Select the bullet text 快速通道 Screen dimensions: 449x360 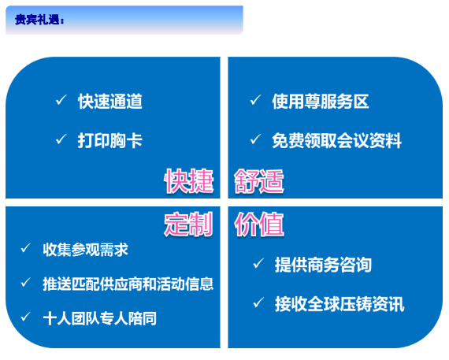tap(110, 101)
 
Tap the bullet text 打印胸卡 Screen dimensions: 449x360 tap(110, 140)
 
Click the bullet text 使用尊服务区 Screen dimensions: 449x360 tap(321, 101)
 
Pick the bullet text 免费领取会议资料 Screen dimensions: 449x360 tap(337, 140)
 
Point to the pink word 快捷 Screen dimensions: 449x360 tap(189, 180)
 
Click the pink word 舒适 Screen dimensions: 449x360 tap(259, 180)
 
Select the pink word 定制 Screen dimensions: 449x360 tap(189, 225)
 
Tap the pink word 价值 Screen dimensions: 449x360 tap(259, 225)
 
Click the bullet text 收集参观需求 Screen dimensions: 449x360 tap(85, 250)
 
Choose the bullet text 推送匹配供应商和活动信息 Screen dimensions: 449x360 tap(128, 284)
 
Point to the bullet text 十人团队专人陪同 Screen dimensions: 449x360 tap(100, 318)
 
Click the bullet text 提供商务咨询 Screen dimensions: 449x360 tap(323, 265)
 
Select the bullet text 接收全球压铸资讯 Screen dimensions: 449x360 tap(340, 304)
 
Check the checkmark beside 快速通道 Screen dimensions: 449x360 tap(61, 100)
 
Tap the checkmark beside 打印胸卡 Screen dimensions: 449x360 tap(61, 139)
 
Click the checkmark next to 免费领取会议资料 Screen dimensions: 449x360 tap(255, 139)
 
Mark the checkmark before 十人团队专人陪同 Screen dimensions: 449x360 tap(26, 317)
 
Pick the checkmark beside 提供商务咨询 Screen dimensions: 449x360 tap(258, 263)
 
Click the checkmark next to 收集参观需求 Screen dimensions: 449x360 tap(26, 248)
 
